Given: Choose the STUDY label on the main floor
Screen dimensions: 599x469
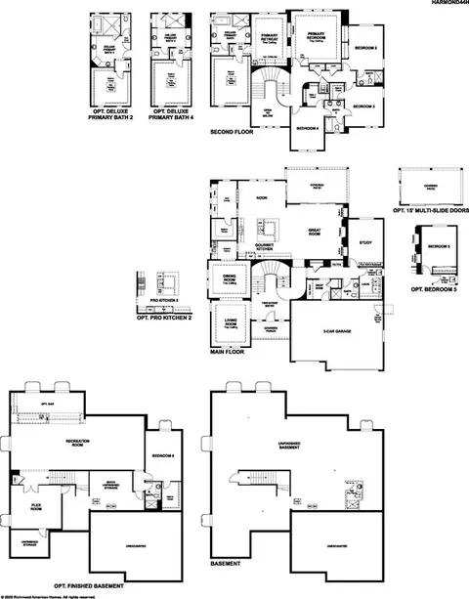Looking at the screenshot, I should [365, 241].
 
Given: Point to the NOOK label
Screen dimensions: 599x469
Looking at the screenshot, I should [262, 198].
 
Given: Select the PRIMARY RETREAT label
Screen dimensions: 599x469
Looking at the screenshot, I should [271, 36].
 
